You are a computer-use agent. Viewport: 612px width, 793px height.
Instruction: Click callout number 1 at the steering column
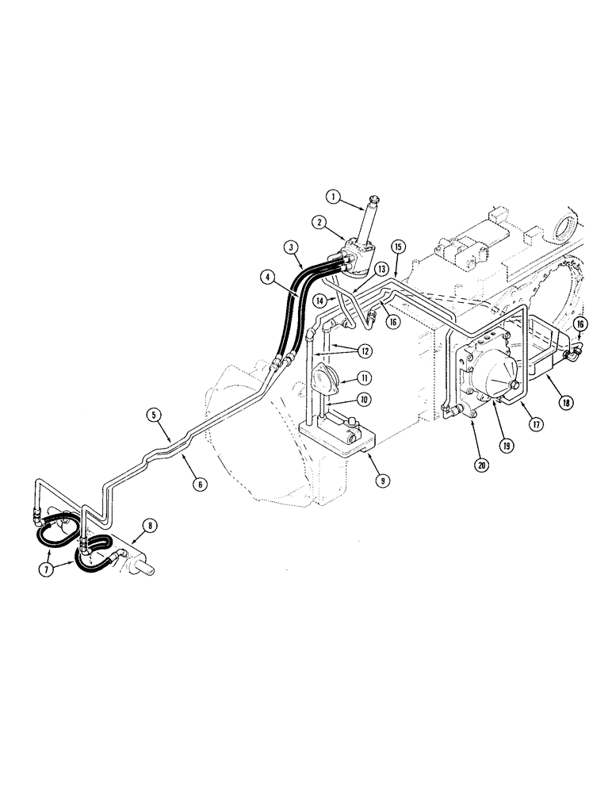[334, 195]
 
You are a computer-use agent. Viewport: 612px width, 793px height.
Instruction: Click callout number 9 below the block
[364, 478]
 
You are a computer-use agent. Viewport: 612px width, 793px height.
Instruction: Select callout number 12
[361, 349]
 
